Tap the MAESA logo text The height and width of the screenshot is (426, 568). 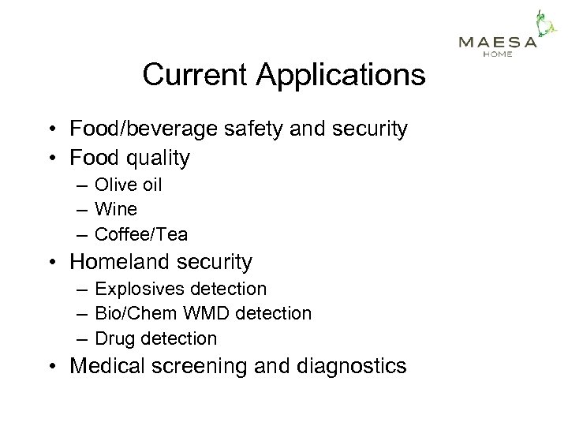498,42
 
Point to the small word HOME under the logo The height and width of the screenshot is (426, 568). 497,54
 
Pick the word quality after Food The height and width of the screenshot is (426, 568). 154,158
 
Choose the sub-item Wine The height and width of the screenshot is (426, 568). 115,209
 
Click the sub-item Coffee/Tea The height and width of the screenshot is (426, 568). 141,234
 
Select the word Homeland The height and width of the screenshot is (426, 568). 123,261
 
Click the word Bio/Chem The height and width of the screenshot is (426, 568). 135,313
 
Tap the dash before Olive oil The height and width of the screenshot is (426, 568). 83,185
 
